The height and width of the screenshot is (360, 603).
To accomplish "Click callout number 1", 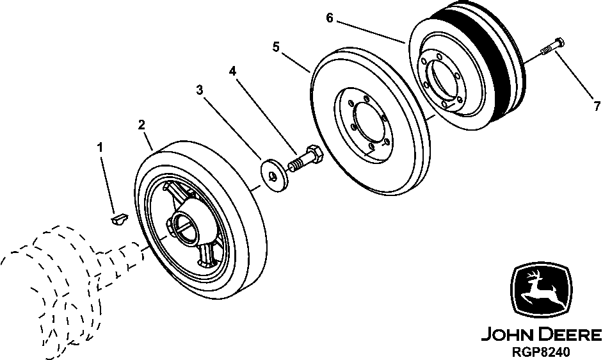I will point(100,147).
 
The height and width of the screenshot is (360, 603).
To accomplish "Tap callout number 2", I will point(141,124).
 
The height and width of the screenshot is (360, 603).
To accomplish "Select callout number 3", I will point(200,90).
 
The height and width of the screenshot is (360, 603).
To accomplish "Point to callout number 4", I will point(233,71).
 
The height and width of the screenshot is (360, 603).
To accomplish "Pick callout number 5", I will point(276,47).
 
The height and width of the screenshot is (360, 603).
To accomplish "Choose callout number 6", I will point(329,18).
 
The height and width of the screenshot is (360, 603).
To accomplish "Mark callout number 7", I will point(596,105).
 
